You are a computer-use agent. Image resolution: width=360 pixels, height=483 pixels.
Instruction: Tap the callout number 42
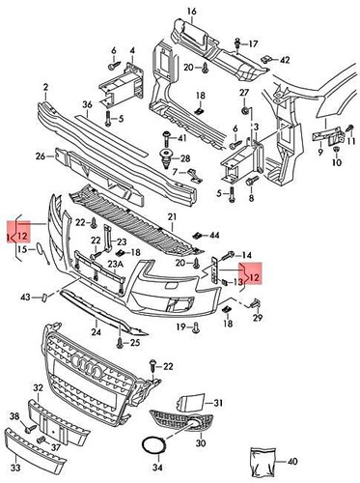285,60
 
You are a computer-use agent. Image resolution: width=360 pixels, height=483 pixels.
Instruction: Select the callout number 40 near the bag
292,461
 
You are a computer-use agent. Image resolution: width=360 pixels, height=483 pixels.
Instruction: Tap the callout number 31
218,403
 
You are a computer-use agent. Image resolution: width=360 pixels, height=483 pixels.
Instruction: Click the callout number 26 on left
42,155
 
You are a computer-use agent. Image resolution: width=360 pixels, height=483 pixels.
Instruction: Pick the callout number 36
87,104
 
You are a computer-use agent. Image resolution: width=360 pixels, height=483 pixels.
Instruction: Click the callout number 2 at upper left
44,87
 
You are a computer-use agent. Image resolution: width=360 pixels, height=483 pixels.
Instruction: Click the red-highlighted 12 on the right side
253,278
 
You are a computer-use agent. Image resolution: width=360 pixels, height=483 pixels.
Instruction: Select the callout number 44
213,235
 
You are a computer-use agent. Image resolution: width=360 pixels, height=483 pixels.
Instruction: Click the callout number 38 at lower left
14,416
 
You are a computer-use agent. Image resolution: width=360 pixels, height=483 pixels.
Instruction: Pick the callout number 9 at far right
319,152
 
